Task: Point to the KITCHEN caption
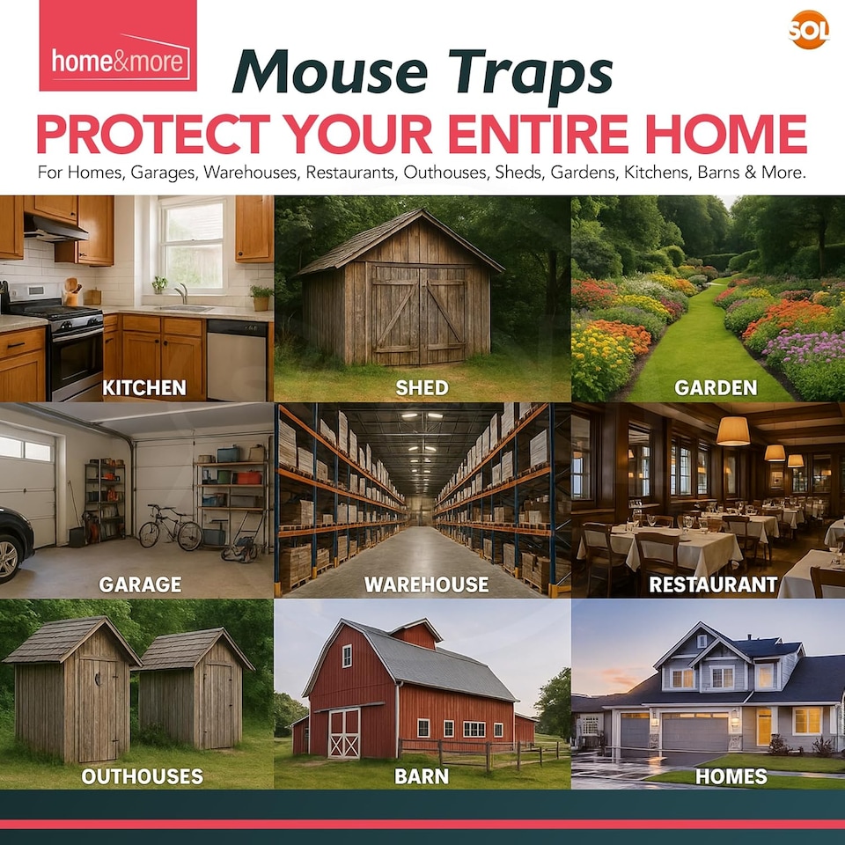[143, 387]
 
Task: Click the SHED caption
[422, 388]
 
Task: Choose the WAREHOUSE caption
[426, 584]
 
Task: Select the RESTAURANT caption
[713, 584]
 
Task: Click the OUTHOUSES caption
[142, 776]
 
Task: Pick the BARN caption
[422, 776]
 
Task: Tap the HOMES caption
[731, 776]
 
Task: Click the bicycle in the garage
[170, 528]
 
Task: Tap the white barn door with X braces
[344, 732]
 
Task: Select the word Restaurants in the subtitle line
[349, 173]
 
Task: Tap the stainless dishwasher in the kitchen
[235, 359]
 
